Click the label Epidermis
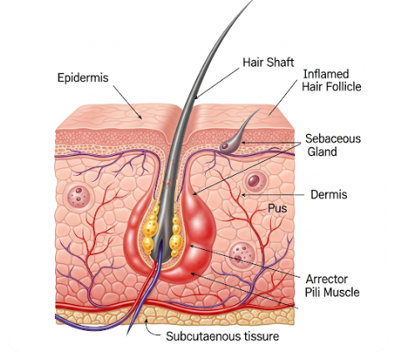pos(83,78)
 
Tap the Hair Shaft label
pos(268,62)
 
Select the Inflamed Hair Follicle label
pos(331,80)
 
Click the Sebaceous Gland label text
pos(333,145)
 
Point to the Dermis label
pos(328,195)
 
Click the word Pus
pos(277,208)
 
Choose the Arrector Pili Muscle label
pos(332,286)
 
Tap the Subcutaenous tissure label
pos(223,337)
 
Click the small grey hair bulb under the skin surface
pos(228,146)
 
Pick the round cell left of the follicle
pos(78,197)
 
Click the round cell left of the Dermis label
pos(255,181)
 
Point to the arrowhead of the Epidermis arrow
pos(140,117)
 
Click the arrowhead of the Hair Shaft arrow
pos(197,97)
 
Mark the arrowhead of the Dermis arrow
pos(243,195)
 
